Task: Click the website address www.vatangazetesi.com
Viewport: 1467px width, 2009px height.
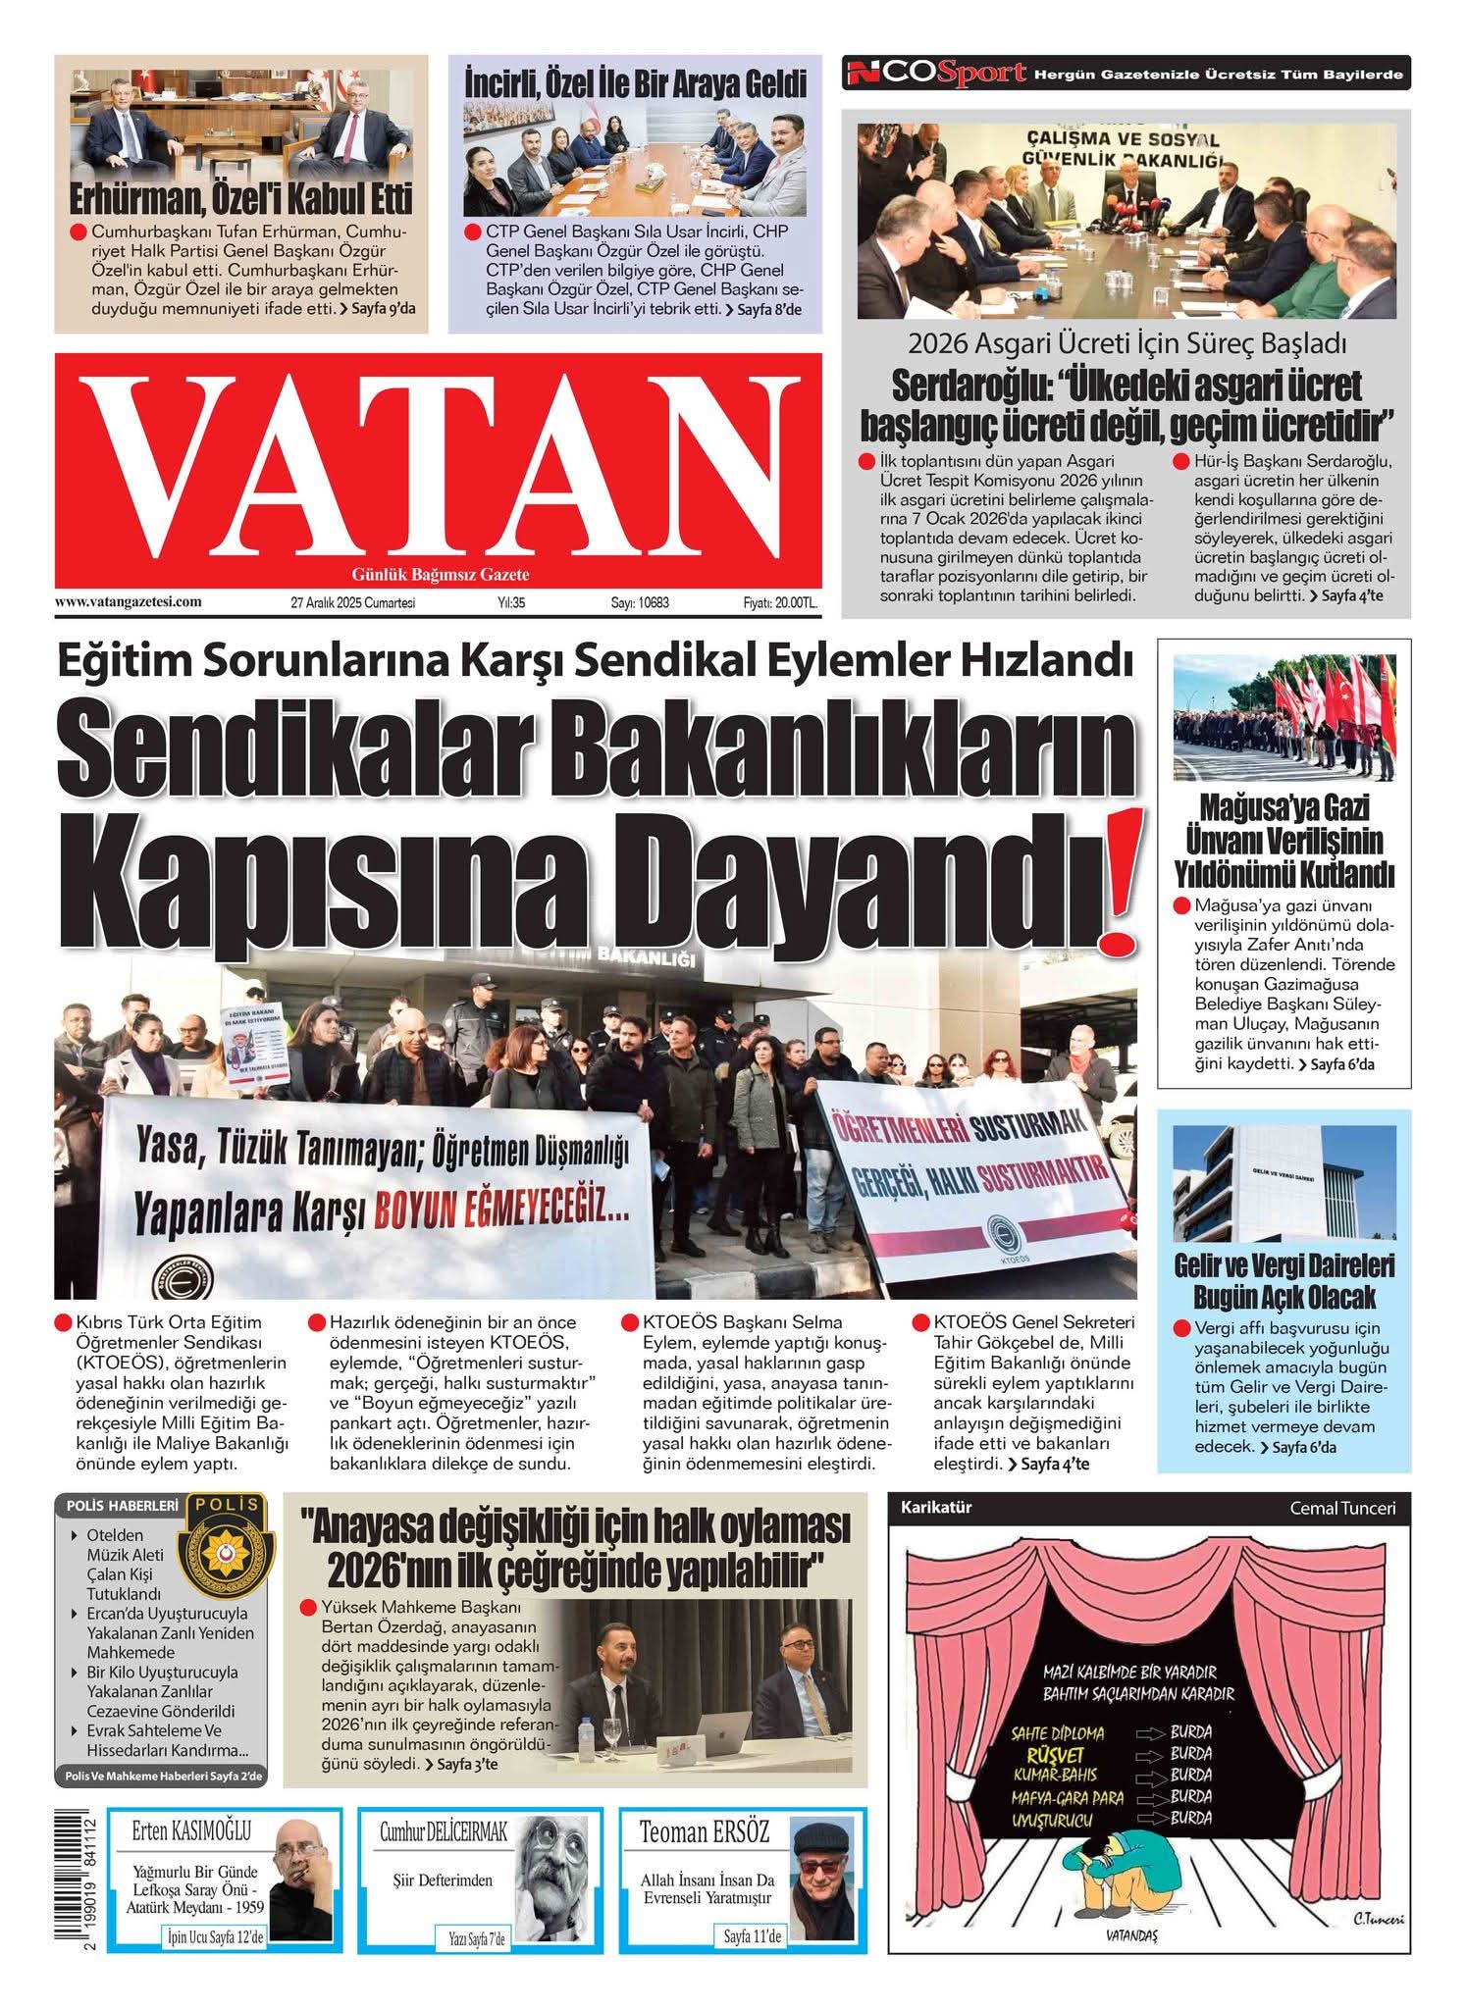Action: pyautogui.click(x=129, y=602)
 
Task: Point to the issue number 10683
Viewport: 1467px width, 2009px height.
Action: pyautogui.click(x=640, y=603)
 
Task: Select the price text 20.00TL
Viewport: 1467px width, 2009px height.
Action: pyautogui.click(x=780, y=603)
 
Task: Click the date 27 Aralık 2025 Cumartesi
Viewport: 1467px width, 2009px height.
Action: pyautogui.click(x=353, y=603)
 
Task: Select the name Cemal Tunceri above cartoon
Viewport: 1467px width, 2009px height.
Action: pyautogui.click(x=1341, y=1508)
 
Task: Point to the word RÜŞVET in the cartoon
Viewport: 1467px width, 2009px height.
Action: pyautogui.click(x=1055, y=1755)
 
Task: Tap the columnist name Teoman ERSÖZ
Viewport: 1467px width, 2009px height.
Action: pyautogui.click(x=705, y=1831)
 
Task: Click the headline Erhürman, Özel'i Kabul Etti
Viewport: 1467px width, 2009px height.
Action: pyautogui.click(x=240, y=199)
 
